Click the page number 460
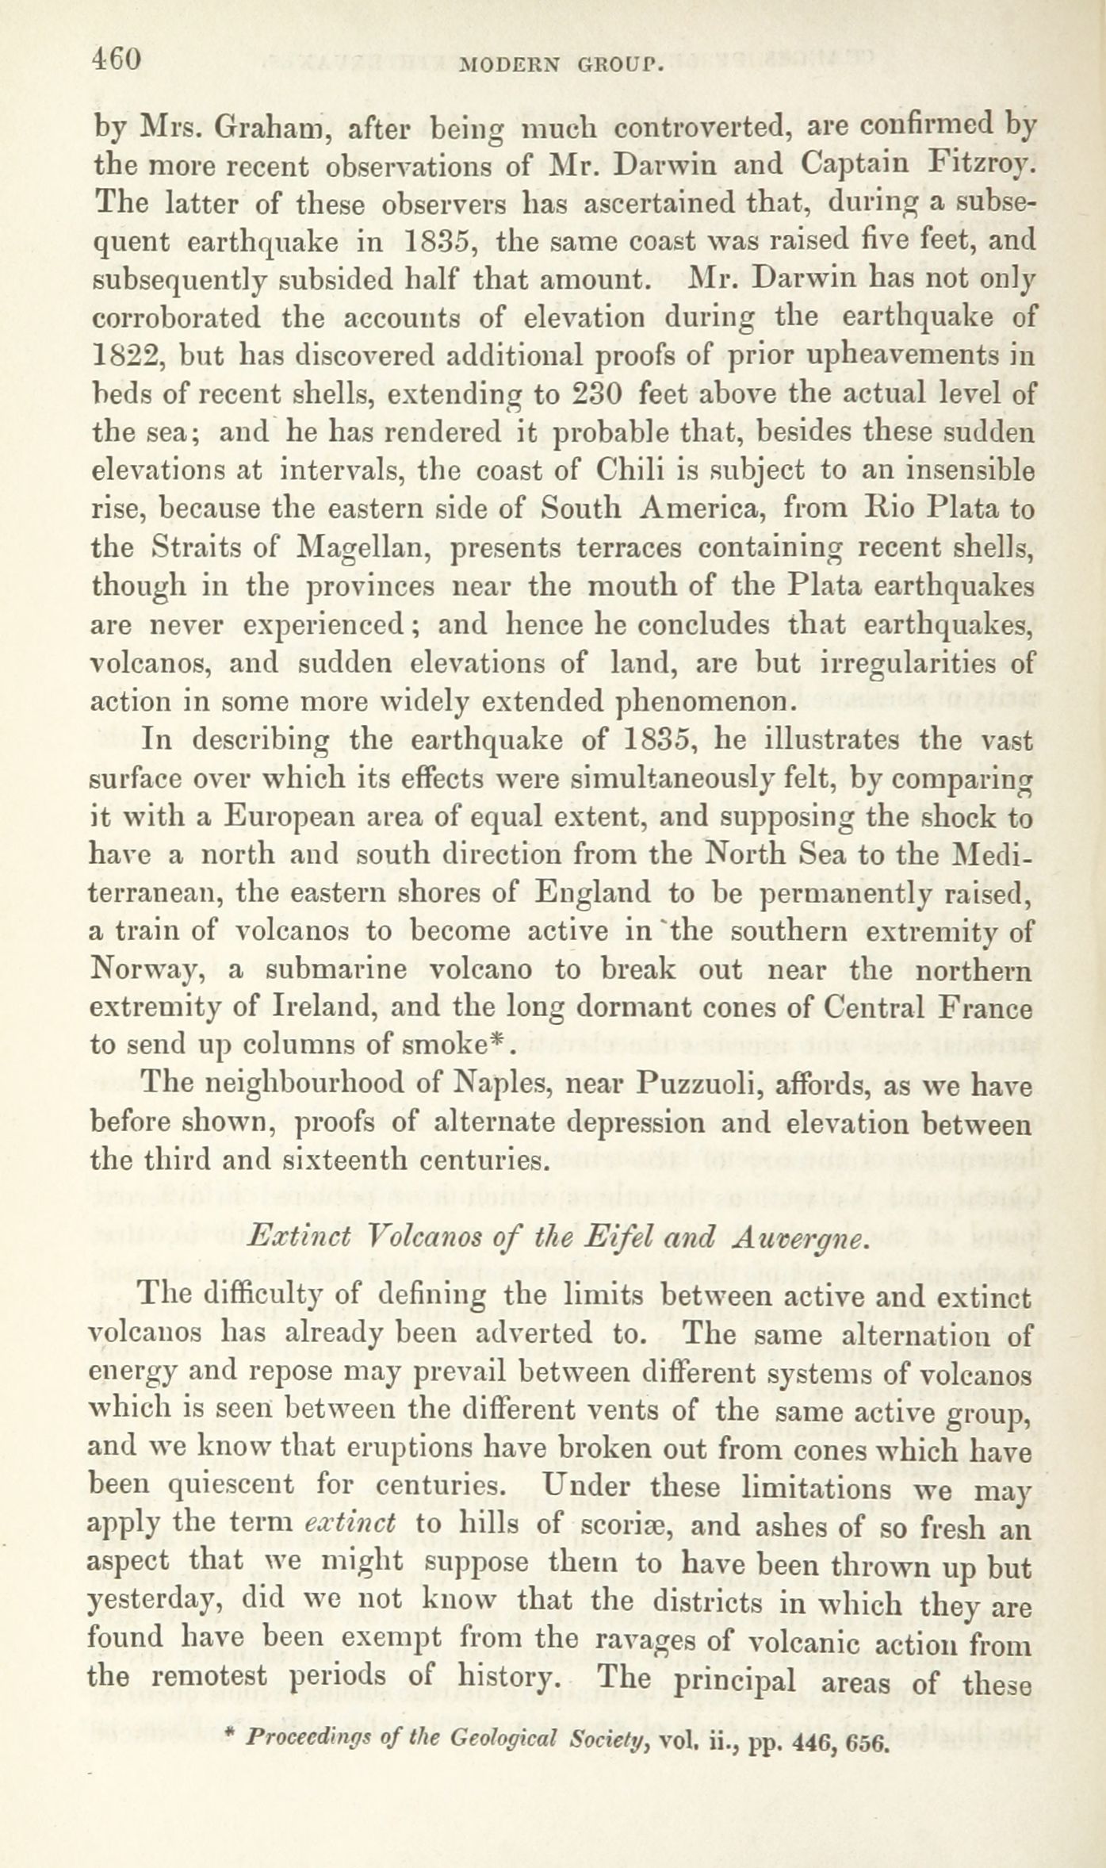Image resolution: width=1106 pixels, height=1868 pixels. tap(117, 60)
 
